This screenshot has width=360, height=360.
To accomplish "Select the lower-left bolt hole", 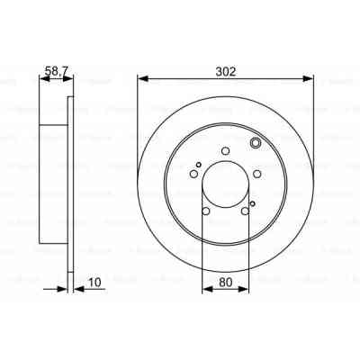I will [206, 212].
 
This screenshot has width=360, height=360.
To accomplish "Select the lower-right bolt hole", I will [245, 212].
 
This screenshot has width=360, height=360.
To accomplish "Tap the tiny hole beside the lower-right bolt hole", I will [253, 204].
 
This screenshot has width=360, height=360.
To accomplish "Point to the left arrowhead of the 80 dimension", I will [205, 289].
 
